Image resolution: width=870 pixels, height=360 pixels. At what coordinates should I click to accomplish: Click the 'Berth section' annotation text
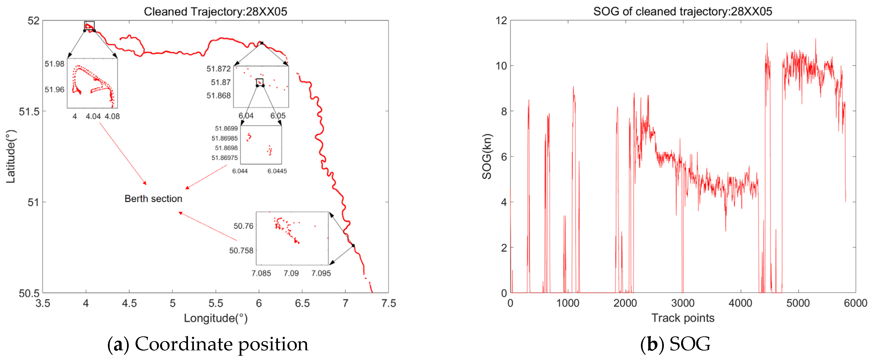[153, 199]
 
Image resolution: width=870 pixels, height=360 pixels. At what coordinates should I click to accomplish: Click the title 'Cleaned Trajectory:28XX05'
[215, 12]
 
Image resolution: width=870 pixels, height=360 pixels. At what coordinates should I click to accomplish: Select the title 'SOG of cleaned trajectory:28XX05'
[682, 12]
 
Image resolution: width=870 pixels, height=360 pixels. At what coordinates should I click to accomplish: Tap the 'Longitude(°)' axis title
[215, 318]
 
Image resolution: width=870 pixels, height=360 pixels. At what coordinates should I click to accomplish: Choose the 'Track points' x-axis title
[682, 318]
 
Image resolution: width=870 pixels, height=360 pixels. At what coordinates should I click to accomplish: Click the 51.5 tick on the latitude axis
[29, 111]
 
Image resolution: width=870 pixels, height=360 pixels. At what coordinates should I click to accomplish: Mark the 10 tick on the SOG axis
[502, 66]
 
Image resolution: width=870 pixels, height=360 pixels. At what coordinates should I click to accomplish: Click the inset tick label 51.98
[54, 64]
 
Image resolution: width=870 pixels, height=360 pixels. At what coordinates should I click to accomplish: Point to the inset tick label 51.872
[218, 69]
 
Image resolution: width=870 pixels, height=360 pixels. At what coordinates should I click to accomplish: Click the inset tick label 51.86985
[225, 138]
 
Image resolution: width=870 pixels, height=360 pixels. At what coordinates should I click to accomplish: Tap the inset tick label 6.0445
[277, 171]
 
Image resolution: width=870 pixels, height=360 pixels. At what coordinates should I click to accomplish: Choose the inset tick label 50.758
[241, 251]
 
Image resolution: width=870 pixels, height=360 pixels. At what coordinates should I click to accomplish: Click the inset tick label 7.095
[321, 273]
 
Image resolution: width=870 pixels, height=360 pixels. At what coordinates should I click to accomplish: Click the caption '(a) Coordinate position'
[208, 344]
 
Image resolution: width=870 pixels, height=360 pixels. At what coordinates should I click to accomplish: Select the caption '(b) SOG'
[675, 344]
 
